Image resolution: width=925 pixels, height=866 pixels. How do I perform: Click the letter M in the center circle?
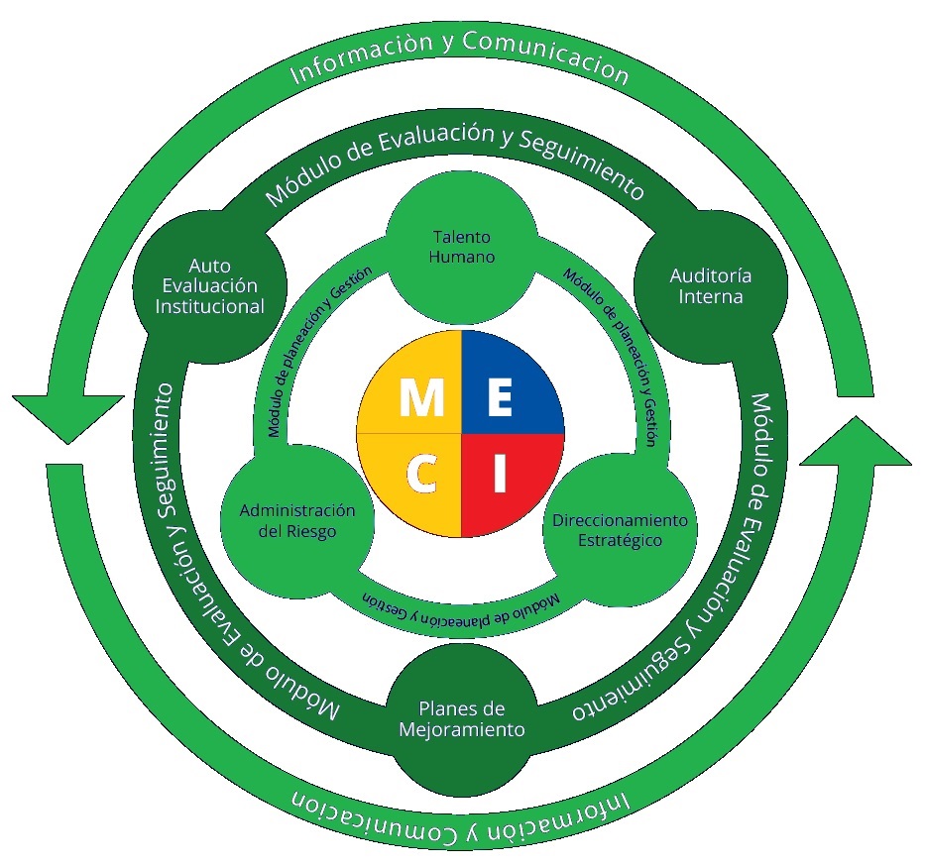422,398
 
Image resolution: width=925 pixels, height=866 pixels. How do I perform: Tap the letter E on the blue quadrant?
501,398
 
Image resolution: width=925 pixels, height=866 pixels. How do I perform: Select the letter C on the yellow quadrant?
421,477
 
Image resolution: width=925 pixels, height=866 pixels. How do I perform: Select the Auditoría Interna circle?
711,285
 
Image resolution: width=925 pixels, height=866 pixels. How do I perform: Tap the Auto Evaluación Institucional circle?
209,285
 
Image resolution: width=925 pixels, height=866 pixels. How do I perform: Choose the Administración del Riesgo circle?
296,520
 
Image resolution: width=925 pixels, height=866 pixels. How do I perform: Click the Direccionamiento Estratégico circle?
620,530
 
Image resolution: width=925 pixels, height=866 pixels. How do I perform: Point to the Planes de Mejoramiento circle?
462,719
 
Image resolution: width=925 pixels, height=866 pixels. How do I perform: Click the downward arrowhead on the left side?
59,416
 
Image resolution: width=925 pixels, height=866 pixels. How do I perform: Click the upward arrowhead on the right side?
855,441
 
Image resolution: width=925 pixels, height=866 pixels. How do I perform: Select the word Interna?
711,296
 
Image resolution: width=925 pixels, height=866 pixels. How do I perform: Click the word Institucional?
209,306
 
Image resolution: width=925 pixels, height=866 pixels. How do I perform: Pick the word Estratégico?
620,541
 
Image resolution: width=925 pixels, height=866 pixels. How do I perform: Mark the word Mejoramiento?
462,730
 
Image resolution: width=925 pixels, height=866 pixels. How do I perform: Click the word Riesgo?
313,531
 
